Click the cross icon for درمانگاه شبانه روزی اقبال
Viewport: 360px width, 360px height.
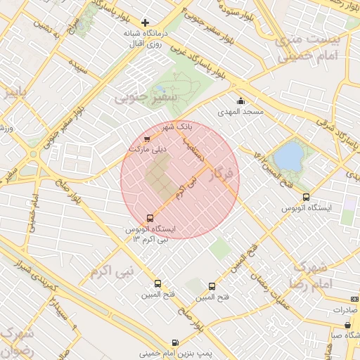coord(146,23)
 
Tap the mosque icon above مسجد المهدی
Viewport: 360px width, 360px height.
coord(240,101)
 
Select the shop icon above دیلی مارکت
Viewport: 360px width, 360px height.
coord(146,139)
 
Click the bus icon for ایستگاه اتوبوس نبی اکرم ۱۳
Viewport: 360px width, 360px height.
coord(149,218)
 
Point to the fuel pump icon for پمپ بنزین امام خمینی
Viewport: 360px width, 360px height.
coord(174,342)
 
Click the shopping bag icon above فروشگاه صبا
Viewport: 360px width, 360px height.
coord(348,325)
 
